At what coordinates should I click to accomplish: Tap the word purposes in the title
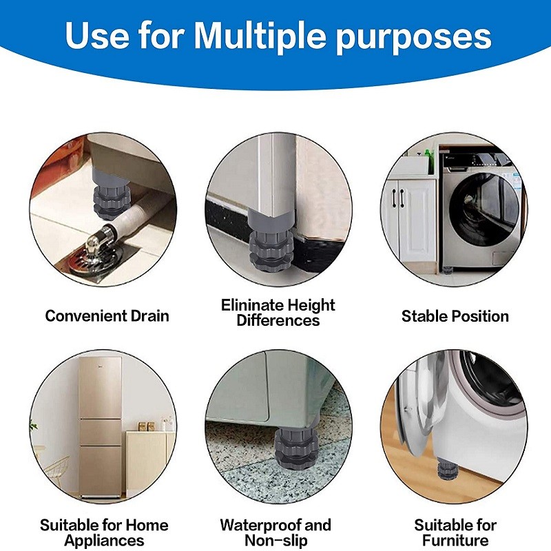point(413,38)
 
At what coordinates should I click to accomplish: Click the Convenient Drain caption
point(107,316)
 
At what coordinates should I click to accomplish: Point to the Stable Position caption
point(455,316)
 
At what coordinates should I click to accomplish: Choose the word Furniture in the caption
point(455,541)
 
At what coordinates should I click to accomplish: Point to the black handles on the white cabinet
point(400,198)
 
